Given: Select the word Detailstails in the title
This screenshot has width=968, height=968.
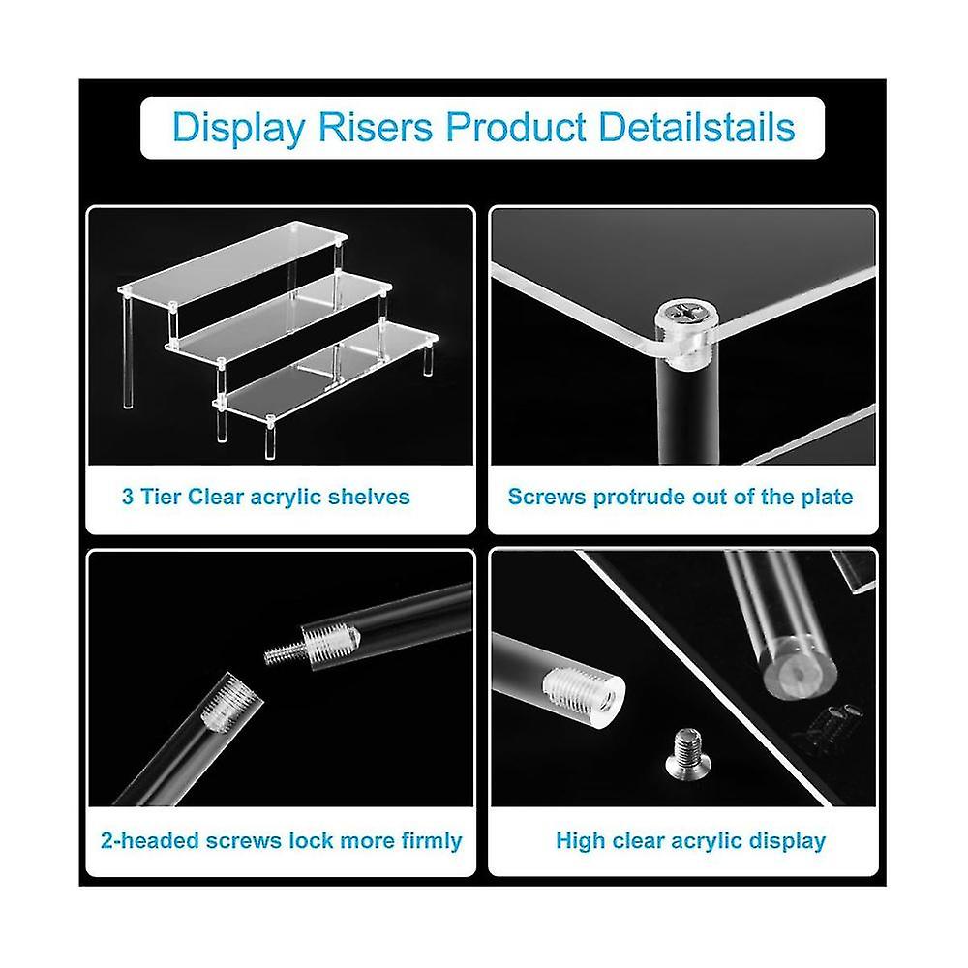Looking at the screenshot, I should (694, 128).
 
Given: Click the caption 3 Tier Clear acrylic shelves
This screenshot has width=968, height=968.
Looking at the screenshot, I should (265, 498).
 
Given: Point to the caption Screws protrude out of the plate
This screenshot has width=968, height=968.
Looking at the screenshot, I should (681, 498).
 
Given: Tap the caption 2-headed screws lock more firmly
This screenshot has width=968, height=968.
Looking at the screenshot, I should (281, 840).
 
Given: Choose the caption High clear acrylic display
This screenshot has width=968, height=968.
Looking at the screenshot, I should (690, 840).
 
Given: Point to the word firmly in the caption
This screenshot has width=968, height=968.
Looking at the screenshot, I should (427, 840).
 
